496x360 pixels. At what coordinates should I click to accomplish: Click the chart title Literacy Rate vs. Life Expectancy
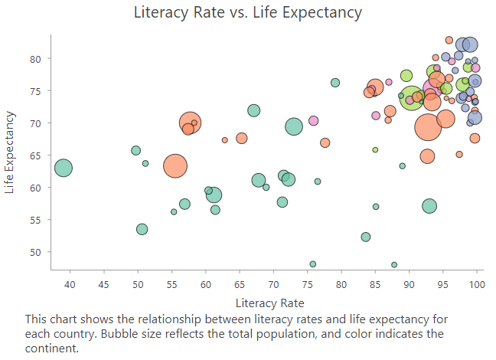click(x=247, y=12)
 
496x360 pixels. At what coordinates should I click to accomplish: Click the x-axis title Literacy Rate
click(x=270, y=303)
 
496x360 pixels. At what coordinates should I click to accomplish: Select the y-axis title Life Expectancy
click(x=10, y=152)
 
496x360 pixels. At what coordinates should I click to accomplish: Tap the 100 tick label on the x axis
click(x=477, y=286)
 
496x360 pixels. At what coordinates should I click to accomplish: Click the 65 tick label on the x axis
click(x=240, y=286)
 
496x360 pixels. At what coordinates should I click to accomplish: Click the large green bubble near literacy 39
click(x=64, y=168)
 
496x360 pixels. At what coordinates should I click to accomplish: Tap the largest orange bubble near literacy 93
click(x=429, y=127)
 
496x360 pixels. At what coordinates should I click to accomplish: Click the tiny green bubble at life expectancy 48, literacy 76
click(x=313, y=264)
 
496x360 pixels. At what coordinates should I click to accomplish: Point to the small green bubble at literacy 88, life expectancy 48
click(x=394, y=265)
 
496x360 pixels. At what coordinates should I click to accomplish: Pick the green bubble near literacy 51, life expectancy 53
click(x=142, y=229)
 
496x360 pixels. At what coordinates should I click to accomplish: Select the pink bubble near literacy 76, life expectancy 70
click(x=313, y=121)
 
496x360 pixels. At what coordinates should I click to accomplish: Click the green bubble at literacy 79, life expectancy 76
click(x=335, y=83)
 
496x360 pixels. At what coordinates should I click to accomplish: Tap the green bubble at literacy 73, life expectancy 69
click(x=293, y=126)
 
